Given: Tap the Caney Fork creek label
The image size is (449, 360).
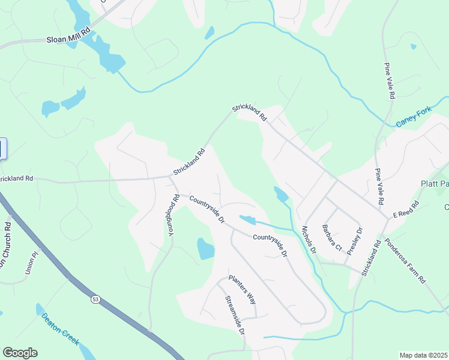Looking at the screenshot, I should click(x=414, y=117).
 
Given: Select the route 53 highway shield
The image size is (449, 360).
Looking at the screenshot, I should click(x=95, y=298).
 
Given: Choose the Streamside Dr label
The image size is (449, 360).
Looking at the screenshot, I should click(x=235, y=314).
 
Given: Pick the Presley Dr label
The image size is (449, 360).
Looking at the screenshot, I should click(x=355, y=240).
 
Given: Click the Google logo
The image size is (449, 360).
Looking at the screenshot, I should click(x=20, y=352).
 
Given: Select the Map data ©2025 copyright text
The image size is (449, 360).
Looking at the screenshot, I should click(x=423, y=355).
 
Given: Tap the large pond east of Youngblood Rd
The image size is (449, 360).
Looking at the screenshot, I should click(x=205, y=248).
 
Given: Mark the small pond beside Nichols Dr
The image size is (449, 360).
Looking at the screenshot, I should click(x=280, y=194).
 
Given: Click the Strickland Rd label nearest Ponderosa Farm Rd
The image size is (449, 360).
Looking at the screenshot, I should click(x=372, y=258).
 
